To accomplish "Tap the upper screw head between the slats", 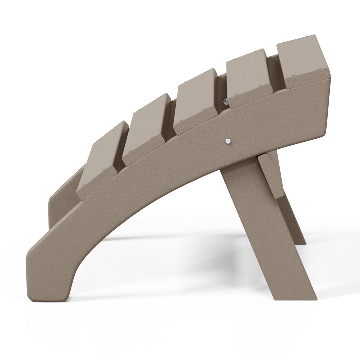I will (226, 101).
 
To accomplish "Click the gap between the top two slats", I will (275, 72).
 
